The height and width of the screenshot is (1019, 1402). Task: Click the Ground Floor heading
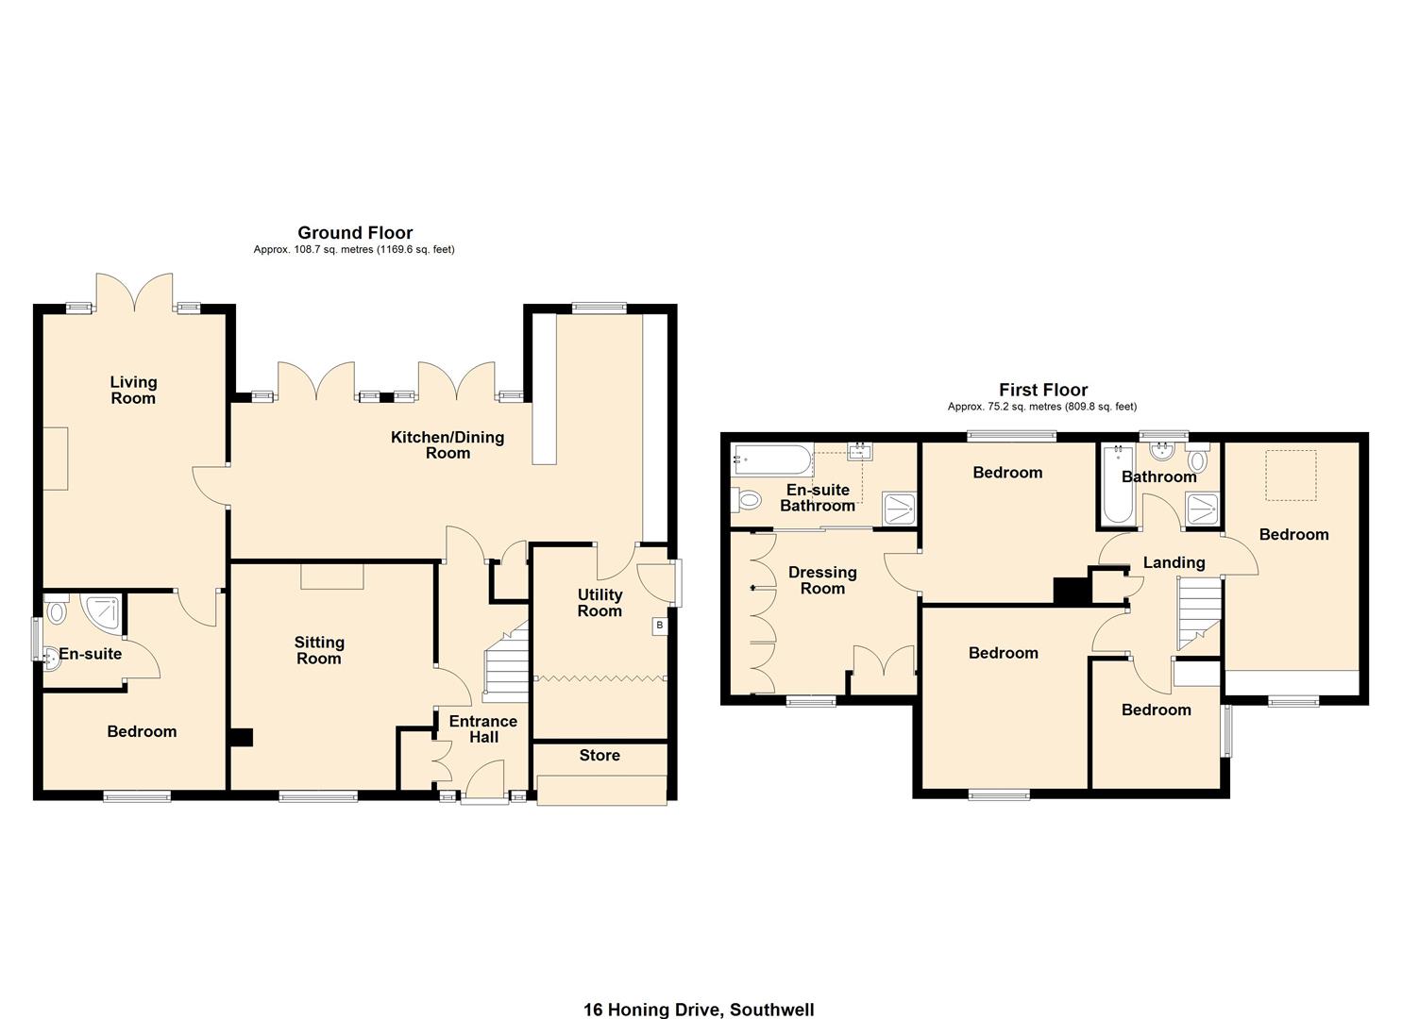click(355, 232)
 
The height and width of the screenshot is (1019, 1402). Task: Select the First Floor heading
click(1043, 390)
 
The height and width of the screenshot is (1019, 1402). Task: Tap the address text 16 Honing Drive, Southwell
click(699, 1010)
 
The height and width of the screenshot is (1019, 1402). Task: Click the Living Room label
click(133, 390)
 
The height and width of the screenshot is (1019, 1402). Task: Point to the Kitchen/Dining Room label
click(448, 444)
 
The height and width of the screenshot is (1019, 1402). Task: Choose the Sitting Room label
click(319, 650)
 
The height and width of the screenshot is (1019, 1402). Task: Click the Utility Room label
click(600, 602)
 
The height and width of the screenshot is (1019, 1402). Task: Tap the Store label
click(600, 755)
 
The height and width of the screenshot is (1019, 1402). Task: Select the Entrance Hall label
click(482, 728)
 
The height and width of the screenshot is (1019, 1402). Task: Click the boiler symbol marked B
click(659, 626)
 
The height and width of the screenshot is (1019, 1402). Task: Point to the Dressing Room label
click(822, 579)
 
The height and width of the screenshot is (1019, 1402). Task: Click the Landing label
click(1174, 562)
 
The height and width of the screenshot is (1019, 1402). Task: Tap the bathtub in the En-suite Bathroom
click(772, 461)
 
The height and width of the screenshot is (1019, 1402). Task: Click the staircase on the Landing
click(1197, 613)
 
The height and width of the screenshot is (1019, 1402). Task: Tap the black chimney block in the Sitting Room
click(242, 738)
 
